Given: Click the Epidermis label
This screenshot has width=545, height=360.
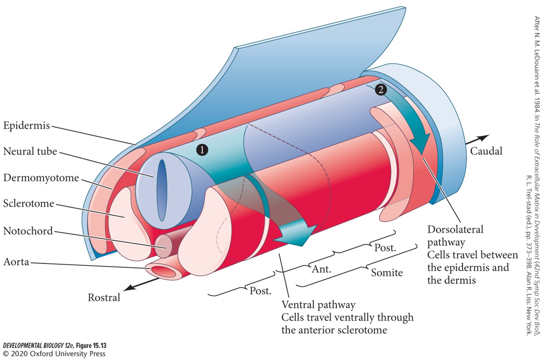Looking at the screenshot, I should coord(26,125).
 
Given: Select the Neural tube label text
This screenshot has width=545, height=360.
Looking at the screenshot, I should coord(30,151).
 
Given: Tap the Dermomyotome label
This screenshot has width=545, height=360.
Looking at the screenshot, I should coord(41,178).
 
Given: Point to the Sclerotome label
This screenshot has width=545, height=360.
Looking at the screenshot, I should coord(29,204).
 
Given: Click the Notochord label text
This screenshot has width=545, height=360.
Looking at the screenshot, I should coord(28,231).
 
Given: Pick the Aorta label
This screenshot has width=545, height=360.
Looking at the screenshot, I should coord(16,262).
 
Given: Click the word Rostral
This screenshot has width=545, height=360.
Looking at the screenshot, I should coord(104,298).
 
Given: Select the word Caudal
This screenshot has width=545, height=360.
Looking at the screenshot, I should coord(486,151).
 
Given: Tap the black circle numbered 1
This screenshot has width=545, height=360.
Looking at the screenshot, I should coord(202,150).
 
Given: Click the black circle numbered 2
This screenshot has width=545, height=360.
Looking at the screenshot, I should coord(380,90).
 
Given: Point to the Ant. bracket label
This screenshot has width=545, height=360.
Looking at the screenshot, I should coord(321,269).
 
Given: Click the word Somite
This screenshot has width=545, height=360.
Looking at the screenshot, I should coord(387,272).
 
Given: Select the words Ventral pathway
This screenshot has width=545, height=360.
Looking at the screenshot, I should coord(318,305).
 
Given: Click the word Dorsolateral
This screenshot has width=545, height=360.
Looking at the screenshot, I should coord(455,229).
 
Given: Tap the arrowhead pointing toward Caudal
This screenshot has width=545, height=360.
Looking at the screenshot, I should coord(485,137).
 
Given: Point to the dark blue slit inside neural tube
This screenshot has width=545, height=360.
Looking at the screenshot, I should coord(162,191).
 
